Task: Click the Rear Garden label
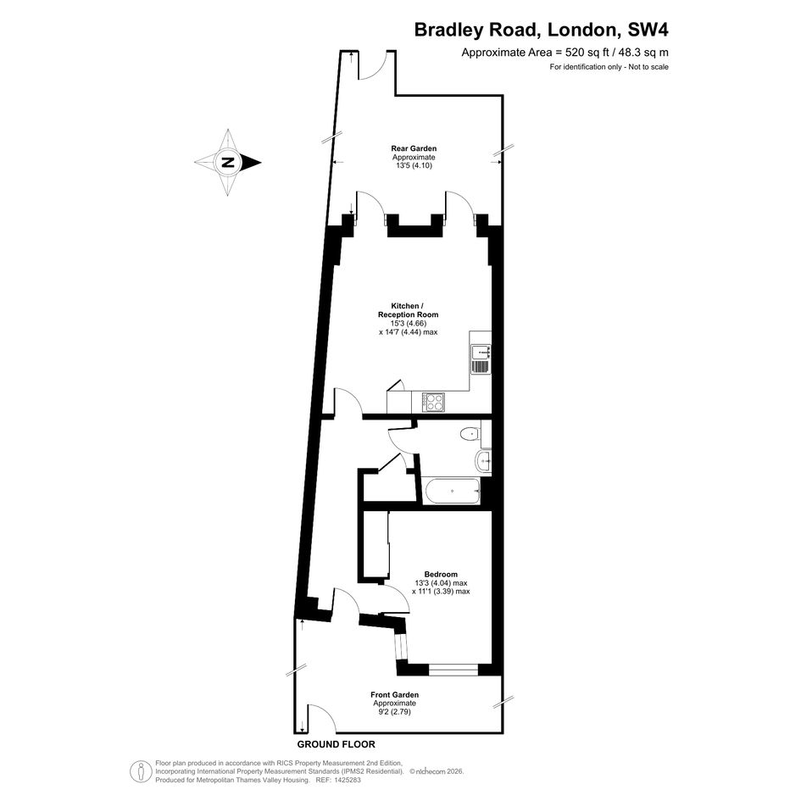click(x=414, y=148)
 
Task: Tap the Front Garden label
click(x=394, y=695)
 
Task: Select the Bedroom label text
click(x=441, y=574)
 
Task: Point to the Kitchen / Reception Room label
click(x=409, y=310)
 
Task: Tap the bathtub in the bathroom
click(x=452, y=492)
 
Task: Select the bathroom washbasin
click(x=483, y=462)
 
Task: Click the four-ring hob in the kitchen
click(x=433, y=402)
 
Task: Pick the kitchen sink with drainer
click(x=481, y=359)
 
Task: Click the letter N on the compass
click(x=228, y=163)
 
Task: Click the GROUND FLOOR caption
click(x=337, y=744)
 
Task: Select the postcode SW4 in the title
click(x=648, y=30)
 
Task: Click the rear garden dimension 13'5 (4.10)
click(x=414, y=165)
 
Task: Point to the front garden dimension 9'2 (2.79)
click(x=394, y=712)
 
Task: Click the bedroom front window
click(x=453, y=670)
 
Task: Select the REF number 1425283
click(x=347, y=780)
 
